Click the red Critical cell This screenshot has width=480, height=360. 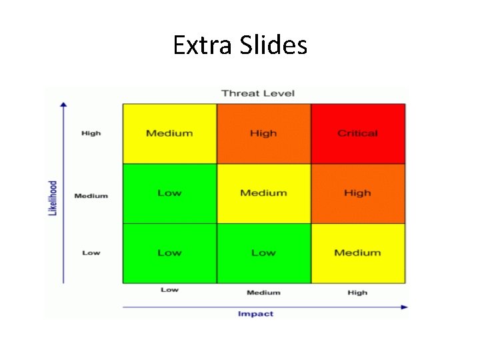tap(357, 133)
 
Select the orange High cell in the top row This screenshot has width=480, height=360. tap(263, 133)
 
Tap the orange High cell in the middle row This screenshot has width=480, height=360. tap(357, 193)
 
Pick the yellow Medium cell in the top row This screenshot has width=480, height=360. tap(169, 133)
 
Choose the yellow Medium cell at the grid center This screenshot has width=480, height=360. tap(263, 193)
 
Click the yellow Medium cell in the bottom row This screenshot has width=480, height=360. tap(357, 253)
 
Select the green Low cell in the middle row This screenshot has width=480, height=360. tap(169, 193)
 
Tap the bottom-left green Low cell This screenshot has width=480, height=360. tap(169, 253)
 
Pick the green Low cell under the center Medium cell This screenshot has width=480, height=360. tap(263, 253)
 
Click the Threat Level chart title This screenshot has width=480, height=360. tap(258, 93)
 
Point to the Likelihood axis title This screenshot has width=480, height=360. tap(53, 197)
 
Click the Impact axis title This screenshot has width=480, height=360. tap(256, 314)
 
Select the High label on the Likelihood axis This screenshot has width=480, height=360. tap(91, 133)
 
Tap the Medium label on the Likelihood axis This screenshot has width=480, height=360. tap(91, 196)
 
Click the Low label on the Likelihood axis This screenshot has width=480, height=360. tap(91, 253)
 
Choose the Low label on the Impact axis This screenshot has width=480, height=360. tap(169, 290)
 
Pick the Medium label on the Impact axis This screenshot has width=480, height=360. tap(263, 293)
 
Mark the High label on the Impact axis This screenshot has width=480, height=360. tap(357, 293)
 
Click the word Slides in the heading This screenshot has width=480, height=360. tap(272, 46)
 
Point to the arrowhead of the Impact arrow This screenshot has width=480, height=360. tap(405, 307)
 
